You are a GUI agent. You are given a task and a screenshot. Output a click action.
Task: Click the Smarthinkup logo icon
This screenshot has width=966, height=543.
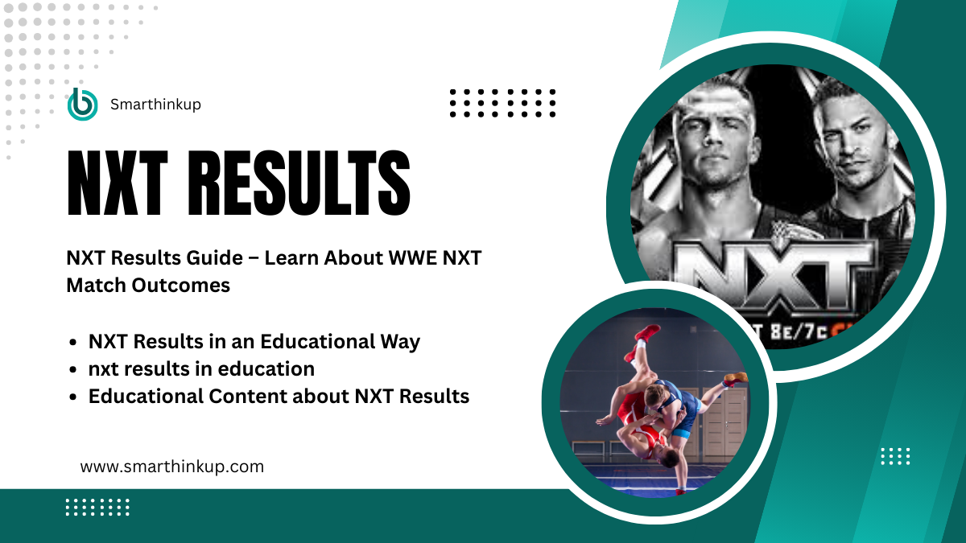[x=82, y=104]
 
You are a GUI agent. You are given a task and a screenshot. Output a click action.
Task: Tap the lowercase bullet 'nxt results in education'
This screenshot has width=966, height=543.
[x=201, y=368]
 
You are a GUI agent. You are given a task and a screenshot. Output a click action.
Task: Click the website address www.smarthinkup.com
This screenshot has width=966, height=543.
[x=172, y=466]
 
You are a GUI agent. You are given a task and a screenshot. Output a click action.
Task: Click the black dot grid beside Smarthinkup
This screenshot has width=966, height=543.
[x=503, y=104]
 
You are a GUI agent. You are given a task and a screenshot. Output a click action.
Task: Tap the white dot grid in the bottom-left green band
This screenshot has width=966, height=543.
[x=97, y=507]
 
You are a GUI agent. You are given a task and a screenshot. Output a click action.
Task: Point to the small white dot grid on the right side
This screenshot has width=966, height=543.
[x=895, y=456]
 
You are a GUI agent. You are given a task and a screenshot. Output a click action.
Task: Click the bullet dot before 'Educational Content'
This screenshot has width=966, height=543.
[x=74, y=397]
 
